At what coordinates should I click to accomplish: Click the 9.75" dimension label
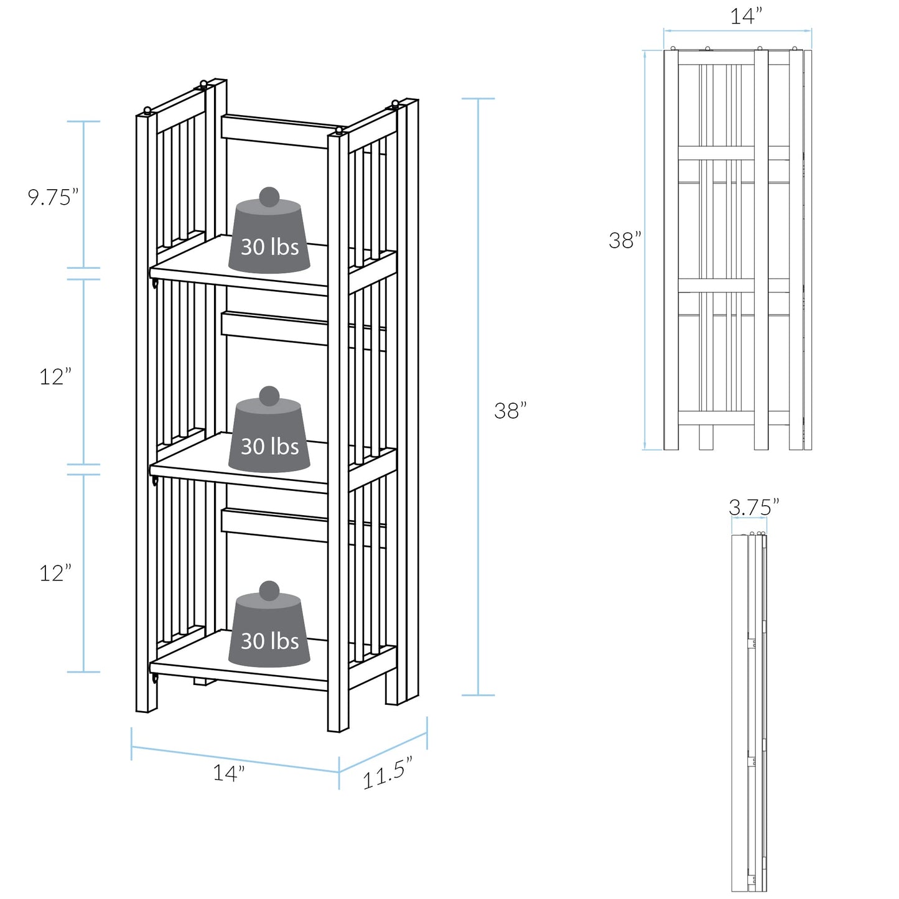[54, 198]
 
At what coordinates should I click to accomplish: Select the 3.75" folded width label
[753, 508]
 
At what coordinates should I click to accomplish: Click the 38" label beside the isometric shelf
[510, 411]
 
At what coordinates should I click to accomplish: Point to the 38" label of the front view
[625, 240]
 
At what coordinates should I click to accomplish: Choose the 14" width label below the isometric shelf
[229, 773]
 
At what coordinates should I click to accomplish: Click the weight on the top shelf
[269, 236]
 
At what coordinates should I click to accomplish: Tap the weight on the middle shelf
[269, 436]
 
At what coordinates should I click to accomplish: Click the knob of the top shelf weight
[269, 197]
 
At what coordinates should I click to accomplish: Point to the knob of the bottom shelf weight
[269, 591]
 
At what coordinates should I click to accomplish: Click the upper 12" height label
[55, 376]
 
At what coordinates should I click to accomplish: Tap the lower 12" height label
[55, 573]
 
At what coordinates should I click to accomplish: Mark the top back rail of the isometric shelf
[274, 132]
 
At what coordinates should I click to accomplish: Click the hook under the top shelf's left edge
[154, 284]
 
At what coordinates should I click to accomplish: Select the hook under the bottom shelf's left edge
[154, 679]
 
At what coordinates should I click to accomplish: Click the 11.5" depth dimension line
[383, 753]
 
